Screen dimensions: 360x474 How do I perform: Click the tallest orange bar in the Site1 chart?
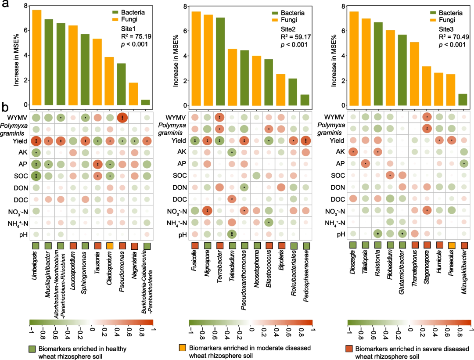tap(36, 58)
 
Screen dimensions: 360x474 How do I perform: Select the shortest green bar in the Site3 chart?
tap(463, 100)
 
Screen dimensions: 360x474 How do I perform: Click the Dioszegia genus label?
tap(353, 263)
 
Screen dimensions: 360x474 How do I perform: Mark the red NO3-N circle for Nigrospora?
tap(207, 210)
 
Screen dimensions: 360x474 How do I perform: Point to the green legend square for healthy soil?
tap(33, 349)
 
